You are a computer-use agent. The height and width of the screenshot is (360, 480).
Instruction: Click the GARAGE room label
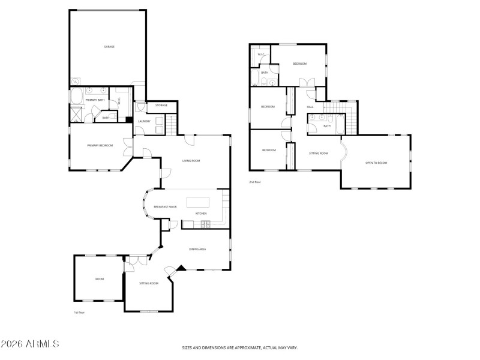tap(109, 46)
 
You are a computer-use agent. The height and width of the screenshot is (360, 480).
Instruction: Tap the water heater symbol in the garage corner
tap(75, 82)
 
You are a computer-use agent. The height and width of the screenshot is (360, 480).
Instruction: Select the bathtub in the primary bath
tap(77, 97)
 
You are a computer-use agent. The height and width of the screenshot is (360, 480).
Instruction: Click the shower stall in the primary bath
tap(77, 113)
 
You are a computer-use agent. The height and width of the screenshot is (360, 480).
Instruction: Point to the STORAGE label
tap(161, 106)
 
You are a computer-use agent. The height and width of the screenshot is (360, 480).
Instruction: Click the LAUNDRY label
tap(144, 121)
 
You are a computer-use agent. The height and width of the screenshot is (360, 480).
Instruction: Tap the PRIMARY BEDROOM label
tap(100, 145)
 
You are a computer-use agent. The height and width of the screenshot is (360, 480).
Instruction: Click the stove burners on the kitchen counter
tap(206, 224)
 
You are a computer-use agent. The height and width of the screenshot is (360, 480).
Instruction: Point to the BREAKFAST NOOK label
tap(165, 207)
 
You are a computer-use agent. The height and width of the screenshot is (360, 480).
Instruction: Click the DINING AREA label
tap(197, 248)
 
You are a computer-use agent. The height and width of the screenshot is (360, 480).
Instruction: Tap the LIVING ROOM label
tap(191, 161)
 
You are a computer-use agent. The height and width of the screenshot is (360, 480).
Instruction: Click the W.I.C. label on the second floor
tap(261, 55)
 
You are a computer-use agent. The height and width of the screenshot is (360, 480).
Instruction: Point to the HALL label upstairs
tap(310, 107)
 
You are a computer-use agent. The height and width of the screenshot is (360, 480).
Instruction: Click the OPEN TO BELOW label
tap(376, 163)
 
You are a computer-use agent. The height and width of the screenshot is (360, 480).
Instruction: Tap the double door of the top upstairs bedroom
tap(307, 83)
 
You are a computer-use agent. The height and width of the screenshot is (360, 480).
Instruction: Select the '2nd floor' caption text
tap(255, 182)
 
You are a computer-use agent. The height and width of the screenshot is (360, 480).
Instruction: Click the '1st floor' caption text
tap(78, 313)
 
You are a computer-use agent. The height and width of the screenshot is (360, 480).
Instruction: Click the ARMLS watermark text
tap(30, 344)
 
